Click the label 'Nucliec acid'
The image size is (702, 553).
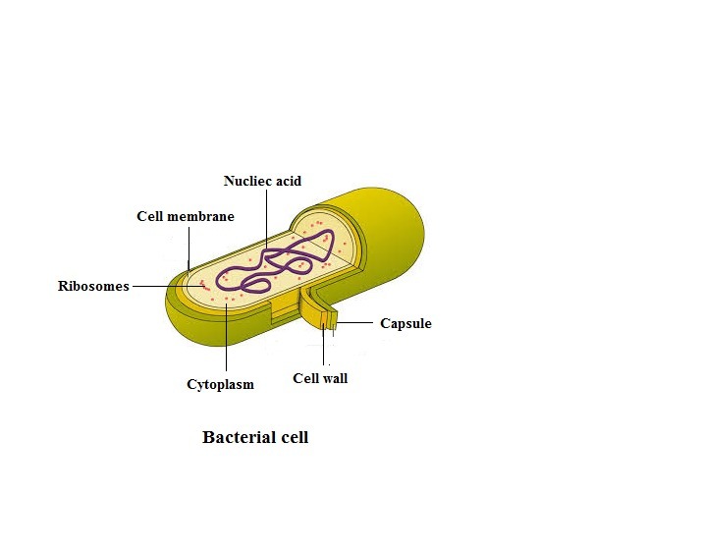coord(262,181)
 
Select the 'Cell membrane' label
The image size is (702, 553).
coord(186,216)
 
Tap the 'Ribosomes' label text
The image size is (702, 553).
coord(92,287)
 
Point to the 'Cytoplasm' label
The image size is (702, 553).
coord(220,384)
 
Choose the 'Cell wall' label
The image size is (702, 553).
coord(320,378)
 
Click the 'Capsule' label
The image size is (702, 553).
coord(405,323)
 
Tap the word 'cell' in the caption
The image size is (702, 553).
coord(293,437)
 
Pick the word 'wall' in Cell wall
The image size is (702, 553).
coord(334,378)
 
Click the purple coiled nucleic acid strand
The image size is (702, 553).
coord(285,257)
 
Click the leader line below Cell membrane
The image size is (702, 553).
coord(189,246)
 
